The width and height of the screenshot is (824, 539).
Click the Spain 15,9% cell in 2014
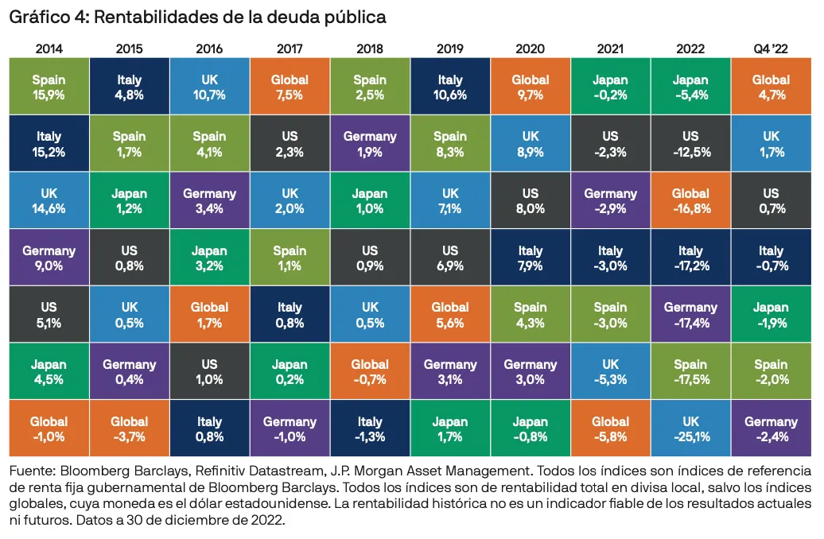(x=49, y=87)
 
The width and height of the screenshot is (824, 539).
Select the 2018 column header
(x=370, y=48)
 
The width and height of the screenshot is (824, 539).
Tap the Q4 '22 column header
(x=771, y=48)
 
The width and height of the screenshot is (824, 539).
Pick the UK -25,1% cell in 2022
(x=690, y=428)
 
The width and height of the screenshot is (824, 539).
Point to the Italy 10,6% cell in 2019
(x=450, y=87)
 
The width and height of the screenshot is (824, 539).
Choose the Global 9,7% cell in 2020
(x=531, y=87)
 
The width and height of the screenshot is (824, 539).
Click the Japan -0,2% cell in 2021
(x=610, y=87)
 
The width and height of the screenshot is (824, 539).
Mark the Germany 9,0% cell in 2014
(x=49, y=258)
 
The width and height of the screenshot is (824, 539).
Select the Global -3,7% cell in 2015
(x=130, y=428)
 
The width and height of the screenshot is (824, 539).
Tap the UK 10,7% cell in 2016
(x=210, y=87)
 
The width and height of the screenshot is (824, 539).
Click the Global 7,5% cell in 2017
(x=290, y=87)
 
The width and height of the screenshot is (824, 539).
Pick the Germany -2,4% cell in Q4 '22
(x=771, y=428)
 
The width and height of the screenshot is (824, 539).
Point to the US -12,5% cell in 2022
(x=690, y=144)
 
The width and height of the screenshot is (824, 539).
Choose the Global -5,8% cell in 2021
(x=610, y=428)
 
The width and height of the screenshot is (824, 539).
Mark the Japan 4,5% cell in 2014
(x=49, y=371)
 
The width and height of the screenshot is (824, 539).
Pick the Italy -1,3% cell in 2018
(x=370, y=428)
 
